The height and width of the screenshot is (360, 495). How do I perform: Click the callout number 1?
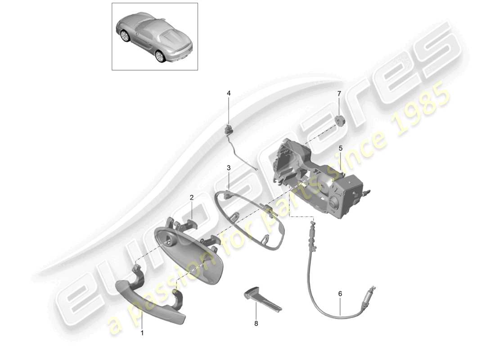(143, 333)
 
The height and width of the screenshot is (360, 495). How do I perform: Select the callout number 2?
(191, 198)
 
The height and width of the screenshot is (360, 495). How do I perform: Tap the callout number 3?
(229, 167)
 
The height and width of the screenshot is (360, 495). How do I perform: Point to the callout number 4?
(229, 93)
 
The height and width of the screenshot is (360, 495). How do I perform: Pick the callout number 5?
(340, 148)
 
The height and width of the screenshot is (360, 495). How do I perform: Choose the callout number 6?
(340, 294)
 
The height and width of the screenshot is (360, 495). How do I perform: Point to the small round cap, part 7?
(339, 121)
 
